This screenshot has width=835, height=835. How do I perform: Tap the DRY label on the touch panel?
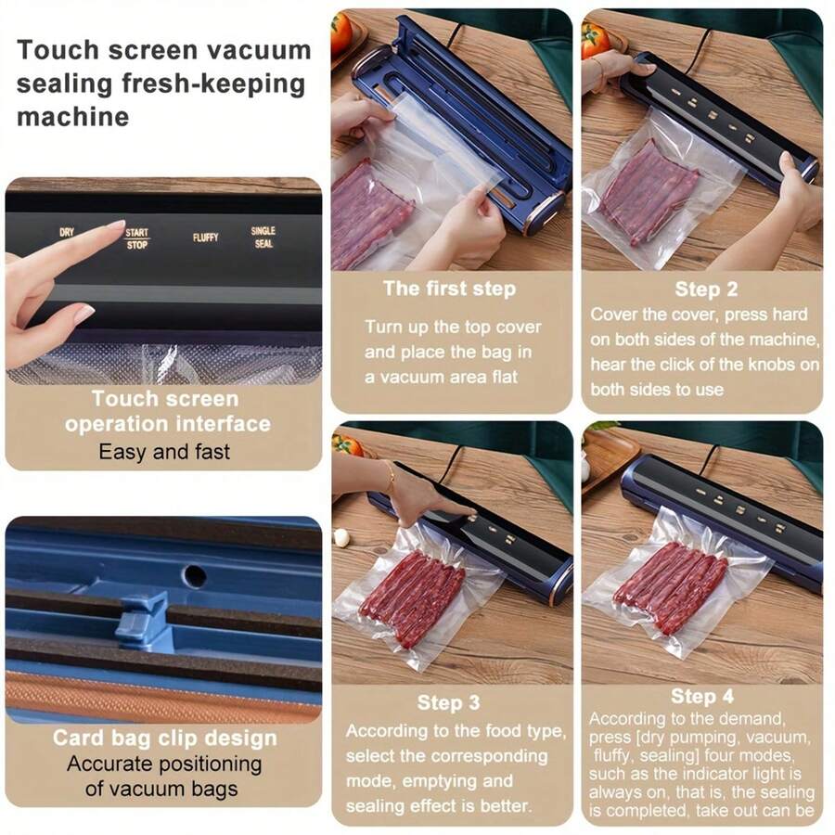click(x=67, y=233)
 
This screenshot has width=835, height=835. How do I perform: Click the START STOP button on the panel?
click(x=136, y=239)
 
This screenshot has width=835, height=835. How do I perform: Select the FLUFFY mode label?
click(x=206, y=238)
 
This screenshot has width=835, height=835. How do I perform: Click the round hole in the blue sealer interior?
click(x=195, y=575)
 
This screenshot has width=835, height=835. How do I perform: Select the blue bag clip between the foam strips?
click(x=143, y=620)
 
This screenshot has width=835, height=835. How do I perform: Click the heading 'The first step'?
click(x=451, y=289)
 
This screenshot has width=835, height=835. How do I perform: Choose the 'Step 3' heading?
click(x=448, y=702)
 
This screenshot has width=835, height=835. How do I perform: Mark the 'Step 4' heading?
click(x=702, y=697)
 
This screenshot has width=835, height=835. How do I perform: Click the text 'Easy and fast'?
click(x=164, y=453)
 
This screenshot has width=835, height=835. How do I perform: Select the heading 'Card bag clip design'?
click(x=164, y=739)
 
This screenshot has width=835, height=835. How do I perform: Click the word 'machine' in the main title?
click(x=72, y=117)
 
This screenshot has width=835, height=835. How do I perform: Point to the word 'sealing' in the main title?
click(x=64, y=83)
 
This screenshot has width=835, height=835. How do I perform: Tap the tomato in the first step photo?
click(x=340, y=32)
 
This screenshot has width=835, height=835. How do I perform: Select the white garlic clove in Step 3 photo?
click(x=341, y=537)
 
